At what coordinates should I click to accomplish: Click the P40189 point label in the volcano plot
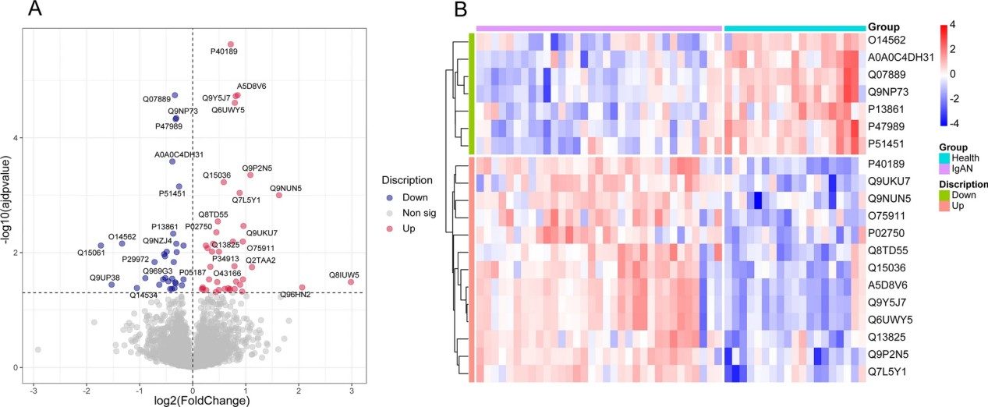click(224, 51)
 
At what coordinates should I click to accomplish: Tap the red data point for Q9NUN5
click(278, 195)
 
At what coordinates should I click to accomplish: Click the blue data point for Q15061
click(100, 245)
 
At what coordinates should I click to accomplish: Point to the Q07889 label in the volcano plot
click(156, 99)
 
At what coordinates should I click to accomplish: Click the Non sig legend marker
click(389, 212)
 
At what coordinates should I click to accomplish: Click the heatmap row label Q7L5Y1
click(887, 373)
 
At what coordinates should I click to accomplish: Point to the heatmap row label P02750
click(887, 232)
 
